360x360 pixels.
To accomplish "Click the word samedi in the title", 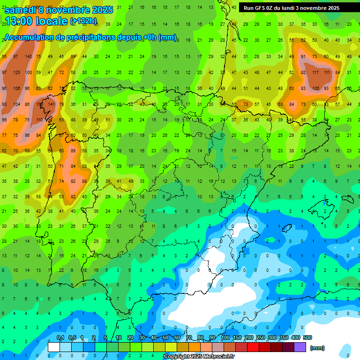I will tap(21, 9).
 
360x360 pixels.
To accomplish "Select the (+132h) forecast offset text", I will tap(83, 21).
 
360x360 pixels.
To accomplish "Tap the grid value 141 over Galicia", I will tap(51, 105).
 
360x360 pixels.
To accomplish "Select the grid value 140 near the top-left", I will tap(28, 57).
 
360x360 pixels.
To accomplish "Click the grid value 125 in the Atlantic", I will tap(16, 73).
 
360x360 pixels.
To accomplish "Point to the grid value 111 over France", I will tap(326, 73).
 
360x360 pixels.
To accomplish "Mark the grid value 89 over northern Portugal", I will tap(73, 151).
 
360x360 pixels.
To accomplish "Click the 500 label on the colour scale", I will tap(307, 337).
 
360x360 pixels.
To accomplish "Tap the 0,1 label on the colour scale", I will tap(60, 337).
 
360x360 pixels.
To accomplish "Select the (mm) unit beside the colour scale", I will tap(317, 348).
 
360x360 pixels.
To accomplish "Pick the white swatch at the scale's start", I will tap(54, 347).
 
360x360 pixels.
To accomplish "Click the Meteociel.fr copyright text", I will tap(199, 357).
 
